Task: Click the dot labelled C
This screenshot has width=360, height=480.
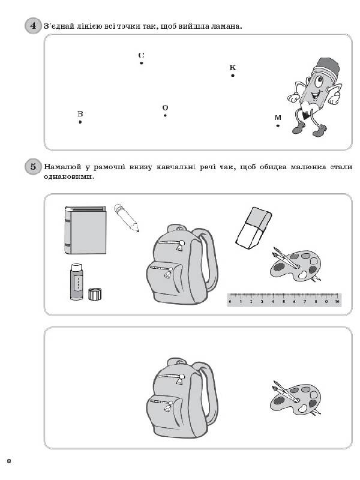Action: [x=142, y=63]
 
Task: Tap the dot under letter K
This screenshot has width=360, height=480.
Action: [x=233, y=76]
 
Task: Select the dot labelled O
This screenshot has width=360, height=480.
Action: [x=165, y=115]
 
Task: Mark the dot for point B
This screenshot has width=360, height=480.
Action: [x=80, y=122]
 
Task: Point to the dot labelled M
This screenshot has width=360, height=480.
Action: [x=278, y=125]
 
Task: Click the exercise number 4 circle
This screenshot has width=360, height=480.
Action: [x=33, y=26]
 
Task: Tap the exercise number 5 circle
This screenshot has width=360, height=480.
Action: [x=33, y=167]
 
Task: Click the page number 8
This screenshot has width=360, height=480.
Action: [x=8, y=461]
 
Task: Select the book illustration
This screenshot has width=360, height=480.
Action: [x=85, y=230]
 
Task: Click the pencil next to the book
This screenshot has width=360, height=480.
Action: [x=127, y=218]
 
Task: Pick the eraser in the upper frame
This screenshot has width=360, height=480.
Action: [x=254, y=228]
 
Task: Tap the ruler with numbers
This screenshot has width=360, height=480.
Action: [x=284, y=299]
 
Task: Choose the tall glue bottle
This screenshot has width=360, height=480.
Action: [x=77, y=281]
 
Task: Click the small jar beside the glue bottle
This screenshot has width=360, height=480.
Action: [x=95, y=294]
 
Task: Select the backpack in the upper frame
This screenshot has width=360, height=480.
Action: [x=182, y=264]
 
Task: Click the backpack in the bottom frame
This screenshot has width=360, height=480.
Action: [x=182, y=398]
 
